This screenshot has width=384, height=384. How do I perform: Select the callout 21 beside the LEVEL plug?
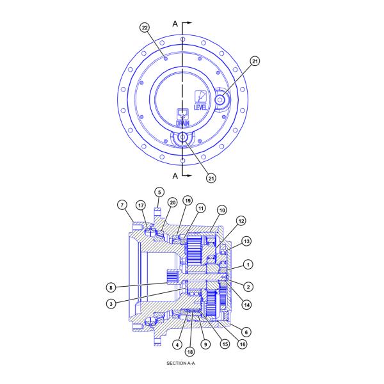point(255,61)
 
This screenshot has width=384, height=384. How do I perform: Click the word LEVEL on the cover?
point(200,106)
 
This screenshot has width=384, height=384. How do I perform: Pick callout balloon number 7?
point(122,205)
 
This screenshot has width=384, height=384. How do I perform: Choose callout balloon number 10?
point(221,210)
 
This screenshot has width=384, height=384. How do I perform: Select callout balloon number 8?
point(112,287)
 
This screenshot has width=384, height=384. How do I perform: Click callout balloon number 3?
point(112,304)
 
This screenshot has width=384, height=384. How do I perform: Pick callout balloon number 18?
point(191,351)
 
